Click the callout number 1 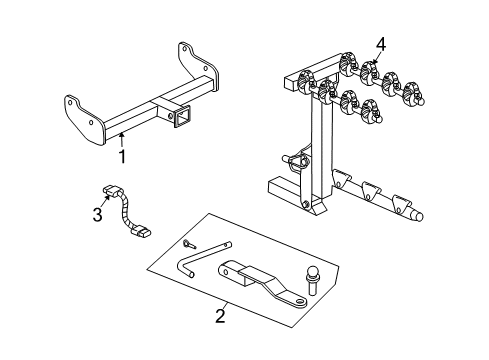[122, 157]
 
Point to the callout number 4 [381, 44]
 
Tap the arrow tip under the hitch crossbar [121, 134]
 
